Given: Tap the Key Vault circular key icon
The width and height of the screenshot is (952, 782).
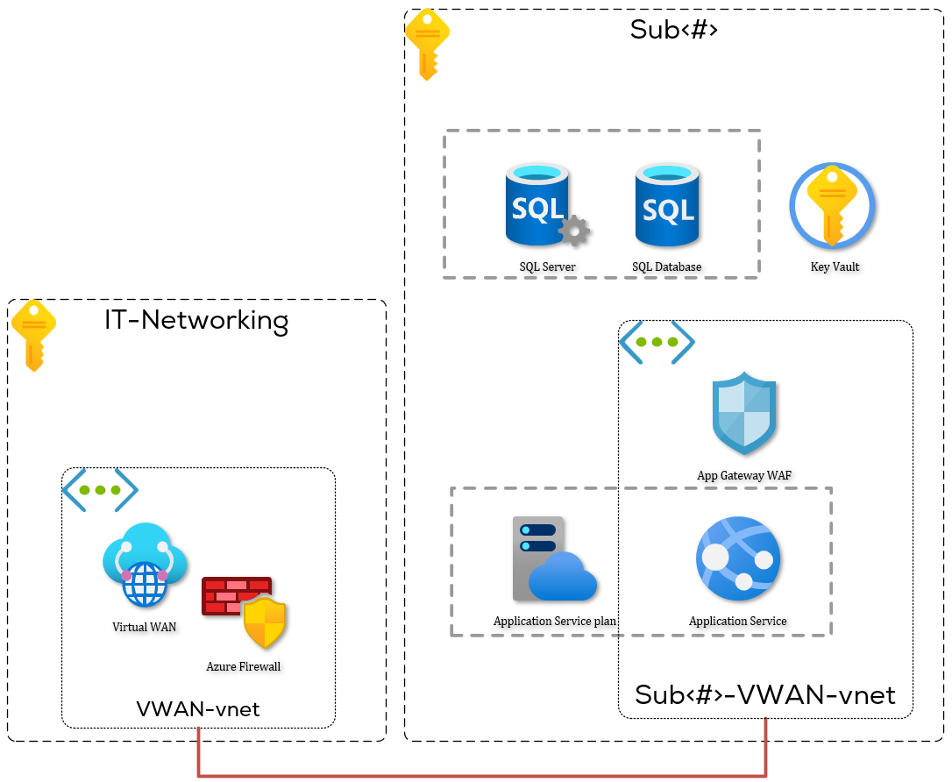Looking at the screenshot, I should pyautogui.click(x=832, y=207).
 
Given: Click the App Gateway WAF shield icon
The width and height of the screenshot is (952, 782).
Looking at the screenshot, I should pyautogui.click(x=744, y=413).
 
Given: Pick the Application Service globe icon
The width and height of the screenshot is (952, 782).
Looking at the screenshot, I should pyautogui.click(x=738, y=558).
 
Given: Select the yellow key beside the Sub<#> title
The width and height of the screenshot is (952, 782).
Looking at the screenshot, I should pyautogui.click(x=427, y=44).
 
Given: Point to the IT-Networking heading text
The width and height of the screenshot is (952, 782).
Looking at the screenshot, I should pyautogui.click(x=196, y=320).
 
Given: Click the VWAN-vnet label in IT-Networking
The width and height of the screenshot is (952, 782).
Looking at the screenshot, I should pyautogui.click(x=198, y=708).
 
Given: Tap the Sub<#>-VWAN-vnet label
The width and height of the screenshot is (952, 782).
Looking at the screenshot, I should pyautogui.click(x=764, y=695).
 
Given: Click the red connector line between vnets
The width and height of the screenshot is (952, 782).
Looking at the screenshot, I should pyautogui.click(x=482, y=775).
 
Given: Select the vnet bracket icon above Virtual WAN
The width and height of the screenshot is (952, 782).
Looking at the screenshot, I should pyautogui.click(x=100, y=491).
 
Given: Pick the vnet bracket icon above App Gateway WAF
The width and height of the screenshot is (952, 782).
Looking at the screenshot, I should pyautogui.click(x=657, y=343).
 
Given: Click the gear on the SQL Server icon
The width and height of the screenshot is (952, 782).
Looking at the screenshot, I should pyautogui.click(x=574, y=231).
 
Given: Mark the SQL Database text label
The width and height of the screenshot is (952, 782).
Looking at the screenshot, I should pyautogui.click(x=666, y=267).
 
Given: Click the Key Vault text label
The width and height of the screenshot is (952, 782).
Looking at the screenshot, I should pyautogui.click(x=835, y=267).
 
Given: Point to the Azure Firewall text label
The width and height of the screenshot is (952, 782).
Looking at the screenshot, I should pyautogui.click(x=243, y=666).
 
